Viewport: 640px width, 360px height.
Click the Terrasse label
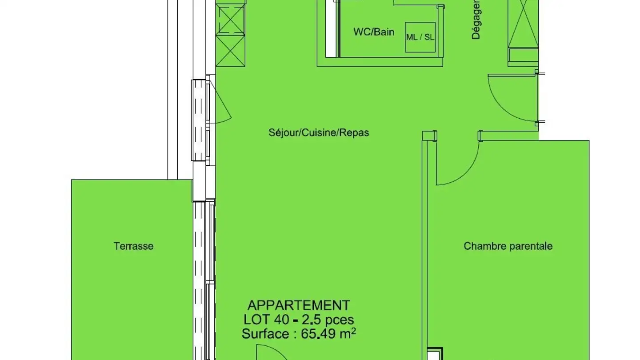point(133,246)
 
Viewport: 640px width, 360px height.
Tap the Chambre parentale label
point(508,246)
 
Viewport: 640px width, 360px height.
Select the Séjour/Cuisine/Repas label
point(319,132)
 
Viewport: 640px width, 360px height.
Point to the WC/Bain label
point(374,32)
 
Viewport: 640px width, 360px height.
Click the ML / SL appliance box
point(420,37)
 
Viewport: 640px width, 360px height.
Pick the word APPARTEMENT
point(299,306)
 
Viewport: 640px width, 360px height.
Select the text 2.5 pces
point(328,320)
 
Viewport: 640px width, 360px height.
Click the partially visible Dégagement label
point(476,20)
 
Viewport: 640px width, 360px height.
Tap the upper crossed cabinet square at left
point(230,20)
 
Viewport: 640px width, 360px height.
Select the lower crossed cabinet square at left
point(230,51)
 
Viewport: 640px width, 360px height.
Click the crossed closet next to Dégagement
point(523,24)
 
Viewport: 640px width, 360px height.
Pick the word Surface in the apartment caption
point(265,334)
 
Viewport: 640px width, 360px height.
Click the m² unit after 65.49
point(347,333)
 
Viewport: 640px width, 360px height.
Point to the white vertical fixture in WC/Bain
point(332,29)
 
